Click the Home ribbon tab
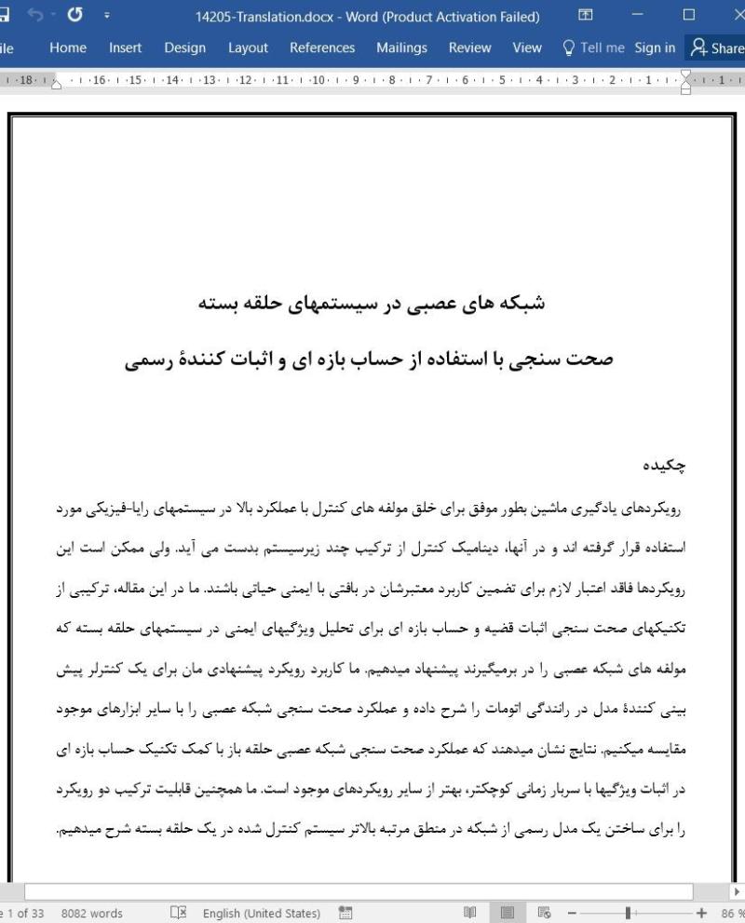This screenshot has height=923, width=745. point(68,48)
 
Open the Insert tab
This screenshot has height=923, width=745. point(125,48)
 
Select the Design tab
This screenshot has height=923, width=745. point(184,48)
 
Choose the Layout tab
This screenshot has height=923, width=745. point(248,48)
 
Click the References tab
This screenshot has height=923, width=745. point(321,48)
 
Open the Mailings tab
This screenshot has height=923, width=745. point(401,48)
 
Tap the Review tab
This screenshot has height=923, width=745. point(469,48)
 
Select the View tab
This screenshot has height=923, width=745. point(527,48)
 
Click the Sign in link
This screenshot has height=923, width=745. point(656,48)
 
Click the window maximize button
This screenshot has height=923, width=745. point(689,16)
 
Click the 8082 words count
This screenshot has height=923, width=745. point(91,914)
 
